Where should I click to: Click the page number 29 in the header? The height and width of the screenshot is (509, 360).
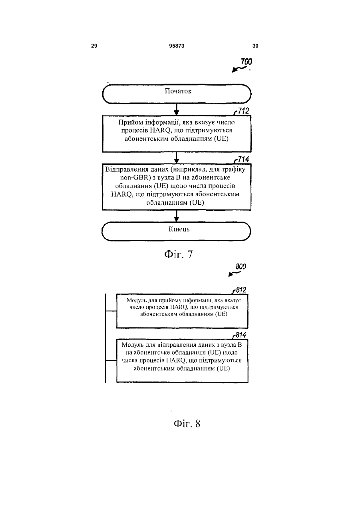pyautogui.click(x=94, y=46)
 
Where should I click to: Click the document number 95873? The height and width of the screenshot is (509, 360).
pyautogui.click(x=177, y=46)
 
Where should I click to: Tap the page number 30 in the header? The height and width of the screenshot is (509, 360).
pyautogui.click(x=255, y=46)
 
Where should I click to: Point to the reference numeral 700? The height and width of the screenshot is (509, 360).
pyautogui.click(x=247, y=62)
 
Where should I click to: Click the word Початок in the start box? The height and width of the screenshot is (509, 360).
pyautogui.click(x=178, y=91)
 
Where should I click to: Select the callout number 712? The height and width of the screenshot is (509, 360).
pyautogui.click(x=243, y=111)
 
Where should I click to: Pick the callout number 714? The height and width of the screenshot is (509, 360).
pyautogui.click(x=243, y=159)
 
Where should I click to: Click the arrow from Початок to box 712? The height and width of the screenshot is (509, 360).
pyautogui.click(x=177, y=110)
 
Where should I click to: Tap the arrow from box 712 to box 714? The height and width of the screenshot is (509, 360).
pyautogui.click(x=177, y=158)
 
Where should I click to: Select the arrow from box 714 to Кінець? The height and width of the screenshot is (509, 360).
pyautogui.click(x=177, y=216)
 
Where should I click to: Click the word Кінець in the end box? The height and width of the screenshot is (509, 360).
pyautogui.click(x=179, y=229)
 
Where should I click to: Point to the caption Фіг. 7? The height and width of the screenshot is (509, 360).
pyautogui.click(x=179, y=254)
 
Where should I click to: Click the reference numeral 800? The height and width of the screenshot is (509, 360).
pyautogui.click(x=241, y=267)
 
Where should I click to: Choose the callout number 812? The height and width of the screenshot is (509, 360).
pyautogui.click(x=241, y=290)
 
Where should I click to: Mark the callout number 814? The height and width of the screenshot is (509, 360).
pyautogui.click(x=241, y=335)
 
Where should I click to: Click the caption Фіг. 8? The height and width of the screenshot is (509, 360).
pyautogui.click(x=187, y=423)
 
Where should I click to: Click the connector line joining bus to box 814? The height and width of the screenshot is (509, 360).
pyautogui.click(x=111, y=360)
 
